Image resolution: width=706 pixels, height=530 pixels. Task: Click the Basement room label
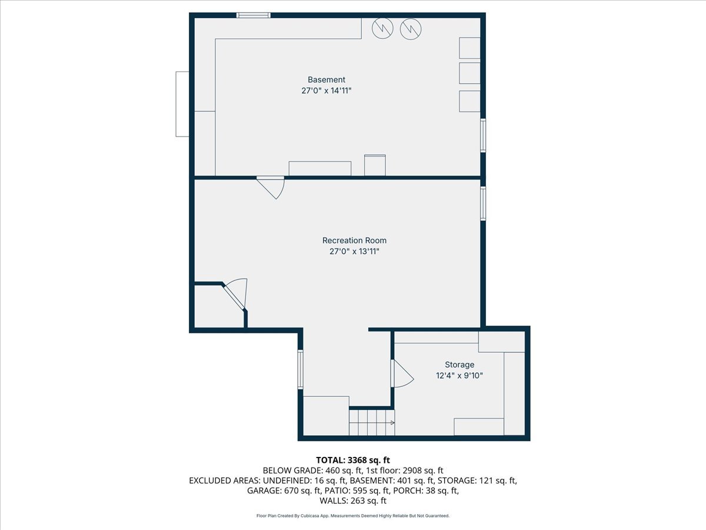click(x=327, y=79)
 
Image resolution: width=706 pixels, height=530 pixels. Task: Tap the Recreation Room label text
click(x=354, y=240)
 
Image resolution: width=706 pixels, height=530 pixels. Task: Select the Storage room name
click(x=459, y=365)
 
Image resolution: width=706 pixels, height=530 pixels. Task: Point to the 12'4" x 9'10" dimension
click(x=459, y=376)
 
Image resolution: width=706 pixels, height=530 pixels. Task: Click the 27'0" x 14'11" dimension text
click(x=327, y=91)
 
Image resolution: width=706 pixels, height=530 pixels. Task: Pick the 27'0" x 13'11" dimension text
click(x=354, y=251)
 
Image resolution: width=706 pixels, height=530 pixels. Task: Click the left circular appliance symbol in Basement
click(x=383, y=28)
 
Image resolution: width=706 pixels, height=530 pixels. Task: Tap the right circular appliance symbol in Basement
click(x=411, y=28)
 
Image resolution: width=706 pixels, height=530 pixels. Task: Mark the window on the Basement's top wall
click(x=254, y=15)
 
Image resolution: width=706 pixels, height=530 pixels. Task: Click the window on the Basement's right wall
click(x=483, y=135)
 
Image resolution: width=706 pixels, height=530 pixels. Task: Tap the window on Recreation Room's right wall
click(x=483, y=204)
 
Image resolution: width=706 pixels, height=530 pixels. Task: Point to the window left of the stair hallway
click(x=300, y=369)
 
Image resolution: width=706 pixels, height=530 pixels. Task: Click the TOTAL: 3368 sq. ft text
click(x=353, y=460)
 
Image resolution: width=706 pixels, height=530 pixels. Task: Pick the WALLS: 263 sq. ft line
click(x=353, y=501)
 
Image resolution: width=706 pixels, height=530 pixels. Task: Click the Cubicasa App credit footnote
click(x=353, y=516)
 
